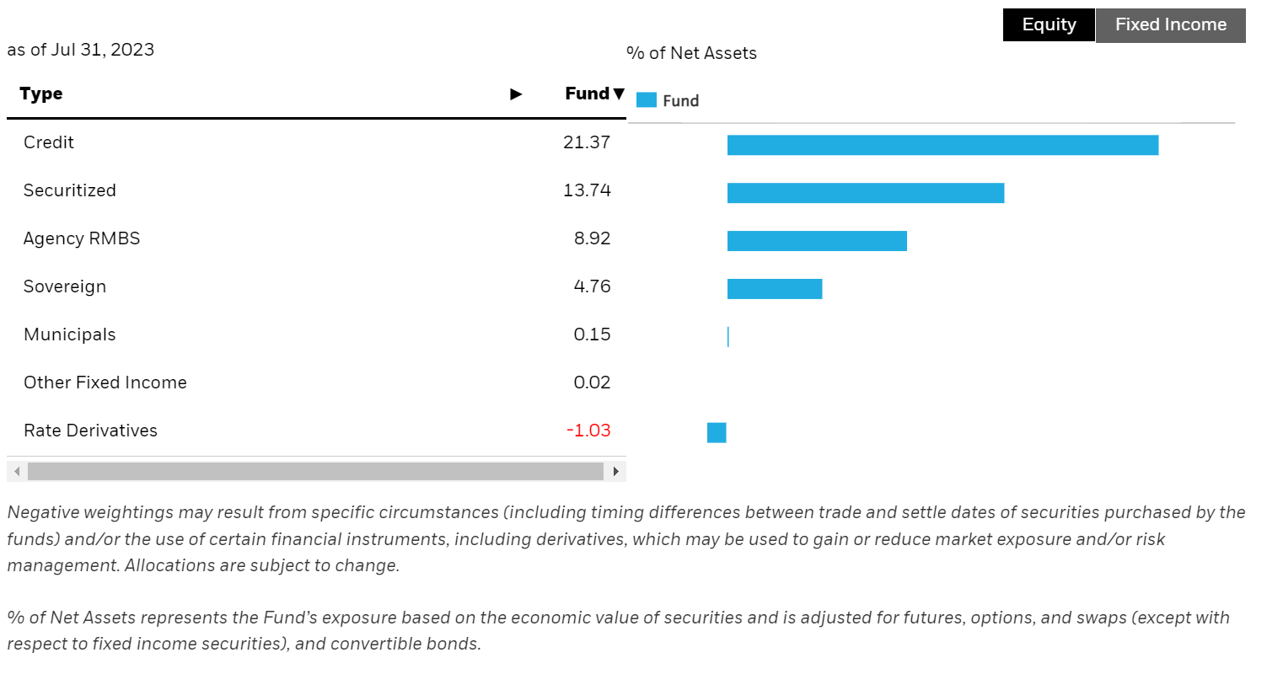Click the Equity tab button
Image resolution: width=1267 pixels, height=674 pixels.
[x=1049, y=25]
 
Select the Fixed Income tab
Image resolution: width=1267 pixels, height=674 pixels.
[x=1170, y=25]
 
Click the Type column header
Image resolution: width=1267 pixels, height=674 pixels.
[x=41, y=94]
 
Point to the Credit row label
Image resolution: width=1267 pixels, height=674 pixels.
[x=49, y=142]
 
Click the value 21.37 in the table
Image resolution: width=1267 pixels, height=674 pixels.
[x=587, y=142]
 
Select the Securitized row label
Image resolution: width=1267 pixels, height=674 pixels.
[x=70, y=190]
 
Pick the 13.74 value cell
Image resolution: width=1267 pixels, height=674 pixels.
[x=587, y=190]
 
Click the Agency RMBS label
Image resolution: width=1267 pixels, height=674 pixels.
[x=82, y=238]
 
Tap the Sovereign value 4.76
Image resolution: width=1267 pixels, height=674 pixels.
[x=592, y=286]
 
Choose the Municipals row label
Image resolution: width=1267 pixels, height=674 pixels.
[x=70, y=334]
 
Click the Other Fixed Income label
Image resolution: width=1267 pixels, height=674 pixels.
[x=105, y=382]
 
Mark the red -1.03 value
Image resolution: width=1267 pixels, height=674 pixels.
[x=588, y=431]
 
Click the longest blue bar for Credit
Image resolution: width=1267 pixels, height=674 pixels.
[x=942, y=145]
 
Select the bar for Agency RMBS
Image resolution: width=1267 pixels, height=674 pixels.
[x=817, y=241]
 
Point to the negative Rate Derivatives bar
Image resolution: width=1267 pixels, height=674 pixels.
[x=717, y=433]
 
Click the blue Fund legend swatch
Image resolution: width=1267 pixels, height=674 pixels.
[x=647, y=100]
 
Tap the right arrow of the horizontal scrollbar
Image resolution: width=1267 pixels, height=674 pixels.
[x=616, y=471]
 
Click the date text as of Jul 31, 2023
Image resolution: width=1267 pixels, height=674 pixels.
[x=81, y=50]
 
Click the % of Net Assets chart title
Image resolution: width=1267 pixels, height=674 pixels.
[x=691, y=53]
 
